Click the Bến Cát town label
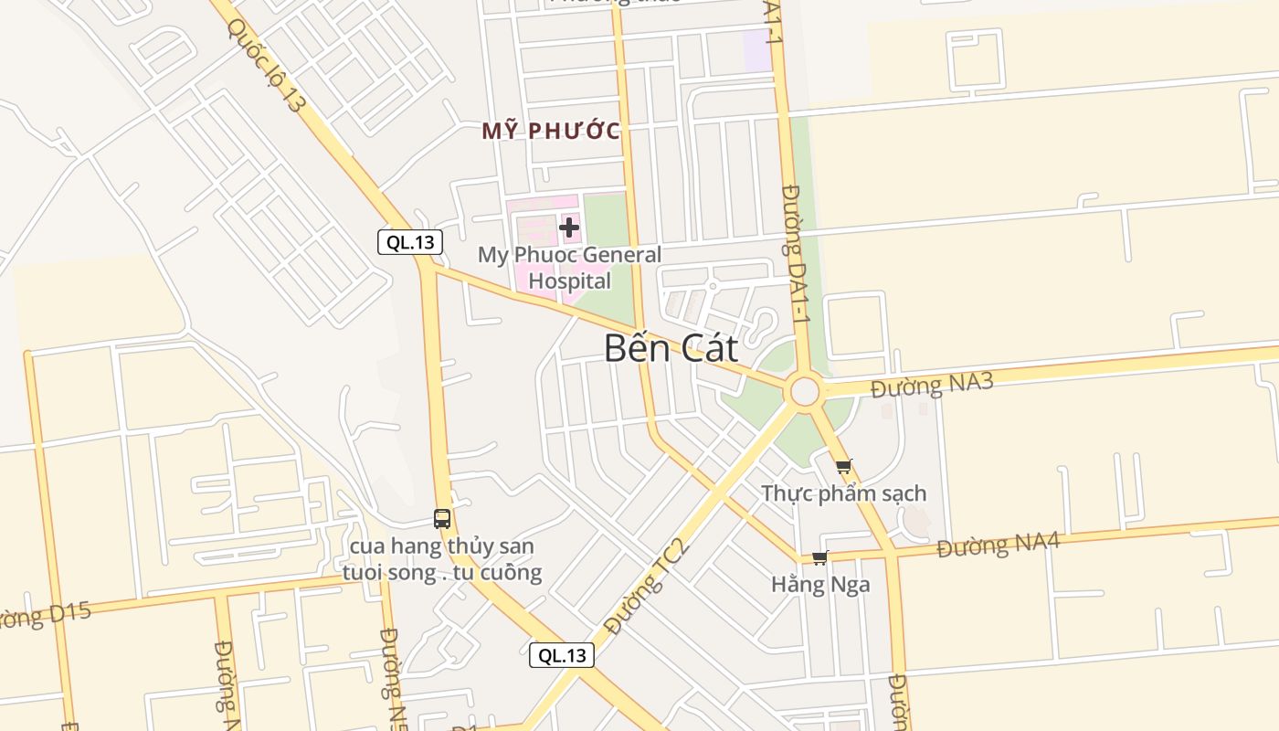click(x=671, y=348)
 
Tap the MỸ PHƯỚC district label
click(x=551, y=131)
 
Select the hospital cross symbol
click(x=569, y=227)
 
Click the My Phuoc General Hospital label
click(x=569, y=268)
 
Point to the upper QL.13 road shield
click(x=410, y=242)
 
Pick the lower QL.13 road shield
click(x=562, y=655)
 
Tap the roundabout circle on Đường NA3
click(x=805, y=391)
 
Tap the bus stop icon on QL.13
click(x=442, y=519)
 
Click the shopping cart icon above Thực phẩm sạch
click(x=843, y=467)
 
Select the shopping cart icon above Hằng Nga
click(x=819, y=558)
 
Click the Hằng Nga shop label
click(x=820, y=584)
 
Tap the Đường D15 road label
click(x=46, y=615)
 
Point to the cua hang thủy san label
click(x=442, y=559)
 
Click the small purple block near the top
click(x=756, y=50)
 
